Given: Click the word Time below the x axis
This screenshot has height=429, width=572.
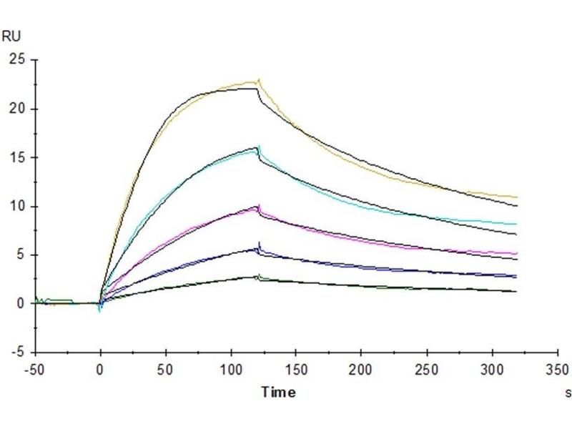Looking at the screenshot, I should pos(277,392).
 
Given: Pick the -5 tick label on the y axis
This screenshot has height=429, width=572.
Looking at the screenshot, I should pos(19,352).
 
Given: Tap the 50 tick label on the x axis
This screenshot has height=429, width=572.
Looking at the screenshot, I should pos(166,370).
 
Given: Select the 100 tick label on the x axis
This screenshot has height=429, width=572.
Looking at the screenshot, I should pos(231,370).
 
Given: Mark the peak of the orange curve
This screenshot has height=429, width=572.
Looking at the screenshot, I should pos(258,79).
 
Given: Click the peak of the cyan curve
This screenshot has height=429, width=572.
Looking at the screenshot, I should pos(259,146).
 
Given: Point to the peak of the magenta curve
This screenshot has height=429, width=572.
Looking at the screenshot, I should pos(258,205).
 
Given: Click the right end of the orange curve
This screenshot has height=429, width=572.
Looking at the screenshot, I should pos(516,197).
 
